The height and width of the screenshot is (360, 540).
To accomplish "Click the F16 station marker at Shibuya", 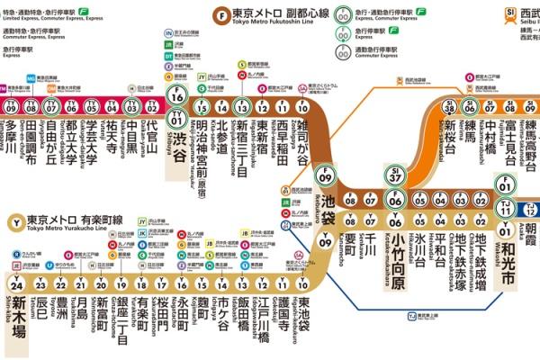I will pyautogui.click(x=178, y=96).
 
